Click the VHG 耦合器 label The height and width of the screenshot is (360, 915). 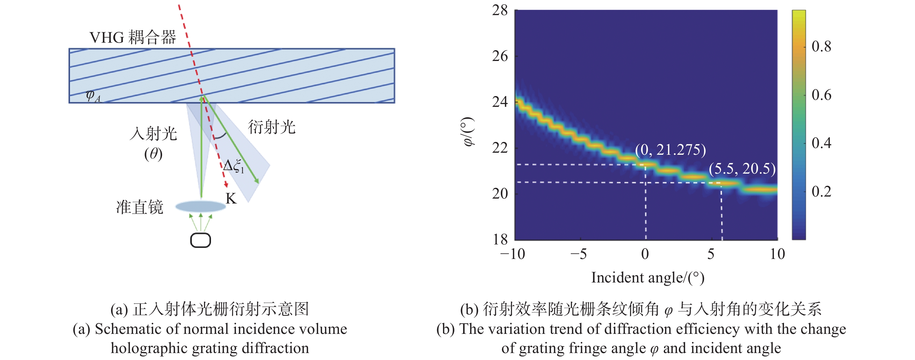point(132,37)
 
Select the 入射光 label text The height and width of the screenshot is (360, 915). point(153,134)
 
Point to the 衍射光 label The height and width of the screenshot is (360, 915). point(271,127)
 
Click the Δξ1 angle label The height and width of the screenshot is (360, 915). point(233,166)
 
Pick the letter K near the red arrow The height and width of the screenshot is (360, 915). point(231,199)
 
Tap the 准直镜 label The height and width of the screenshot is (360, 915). point(140,207)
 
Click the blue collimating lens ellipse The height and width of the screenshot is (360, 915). point(201,206)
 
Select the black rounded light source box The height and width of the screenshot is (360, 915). point(201,240)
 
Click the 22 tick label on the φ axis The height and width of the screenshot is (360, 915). point(500,148)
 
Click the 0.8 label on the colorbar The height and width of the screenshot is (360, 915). point(821,46)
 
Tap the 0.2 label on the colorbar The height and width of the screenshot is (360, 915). point(821,191)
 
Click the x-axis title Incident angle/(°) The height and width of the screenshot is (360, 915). point(647,278)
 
